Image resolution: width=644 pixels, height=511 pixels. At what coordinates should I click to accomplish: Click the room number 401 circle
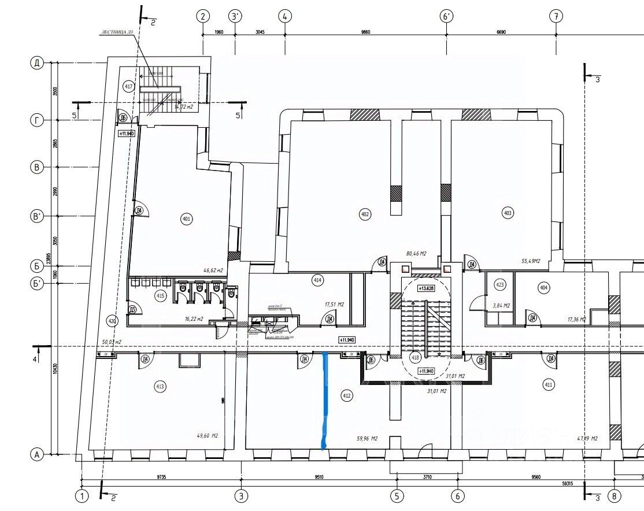pos(186,219)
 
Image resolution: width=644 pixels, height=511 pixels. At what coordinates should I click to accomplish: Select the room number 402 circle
pos(365,214)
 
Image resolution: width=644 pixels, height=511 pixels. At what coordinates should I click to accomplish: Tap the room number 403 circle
pos(508,213)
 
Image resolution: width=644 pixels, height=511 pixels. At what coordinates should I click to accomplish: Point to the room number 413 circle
pos(160,386)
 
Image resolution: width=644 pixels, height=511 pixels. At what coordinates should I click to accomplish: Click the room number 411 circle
pos(548,384)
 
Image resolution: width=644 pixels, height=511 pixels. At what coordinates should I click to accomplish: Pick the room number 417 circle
pos(129,86)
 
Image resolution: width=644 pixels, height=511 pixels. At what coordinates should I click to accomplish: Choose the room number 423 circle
pos(501,284)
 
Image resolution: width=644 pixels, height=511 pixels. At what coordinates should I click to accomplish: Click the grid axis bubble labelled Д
pos(37,63)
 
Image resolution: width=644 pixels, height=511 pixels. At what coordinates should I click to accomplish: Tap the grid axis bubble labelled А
pos(37,455)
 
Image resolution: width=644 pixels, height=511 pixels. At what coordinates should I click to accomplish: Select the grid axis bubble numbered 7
pos(556,16)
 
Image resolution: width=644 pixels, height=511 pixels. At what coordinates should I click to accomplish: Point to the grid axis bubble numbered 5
pos(397,495)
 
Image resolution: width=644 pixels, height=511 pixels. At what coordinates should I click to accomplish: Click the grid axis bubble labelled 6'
pos(447,16)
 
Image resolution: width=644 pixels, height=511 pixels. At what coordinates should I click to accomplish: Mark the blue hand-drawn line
pos(325,400)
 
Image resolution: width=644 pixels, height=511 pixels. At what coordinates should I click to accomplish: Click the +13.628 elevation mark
pos(427,287)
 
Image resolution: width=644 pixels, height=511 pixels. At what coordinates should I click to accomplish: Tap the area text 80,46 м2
pos(416,253)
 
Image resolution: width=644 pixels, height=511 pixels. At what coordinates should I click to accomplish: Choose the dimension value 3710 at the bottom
pos(427,477)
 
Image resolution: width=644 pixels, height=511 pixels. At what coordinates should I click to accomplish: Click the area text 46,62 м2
pos(211,269)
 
